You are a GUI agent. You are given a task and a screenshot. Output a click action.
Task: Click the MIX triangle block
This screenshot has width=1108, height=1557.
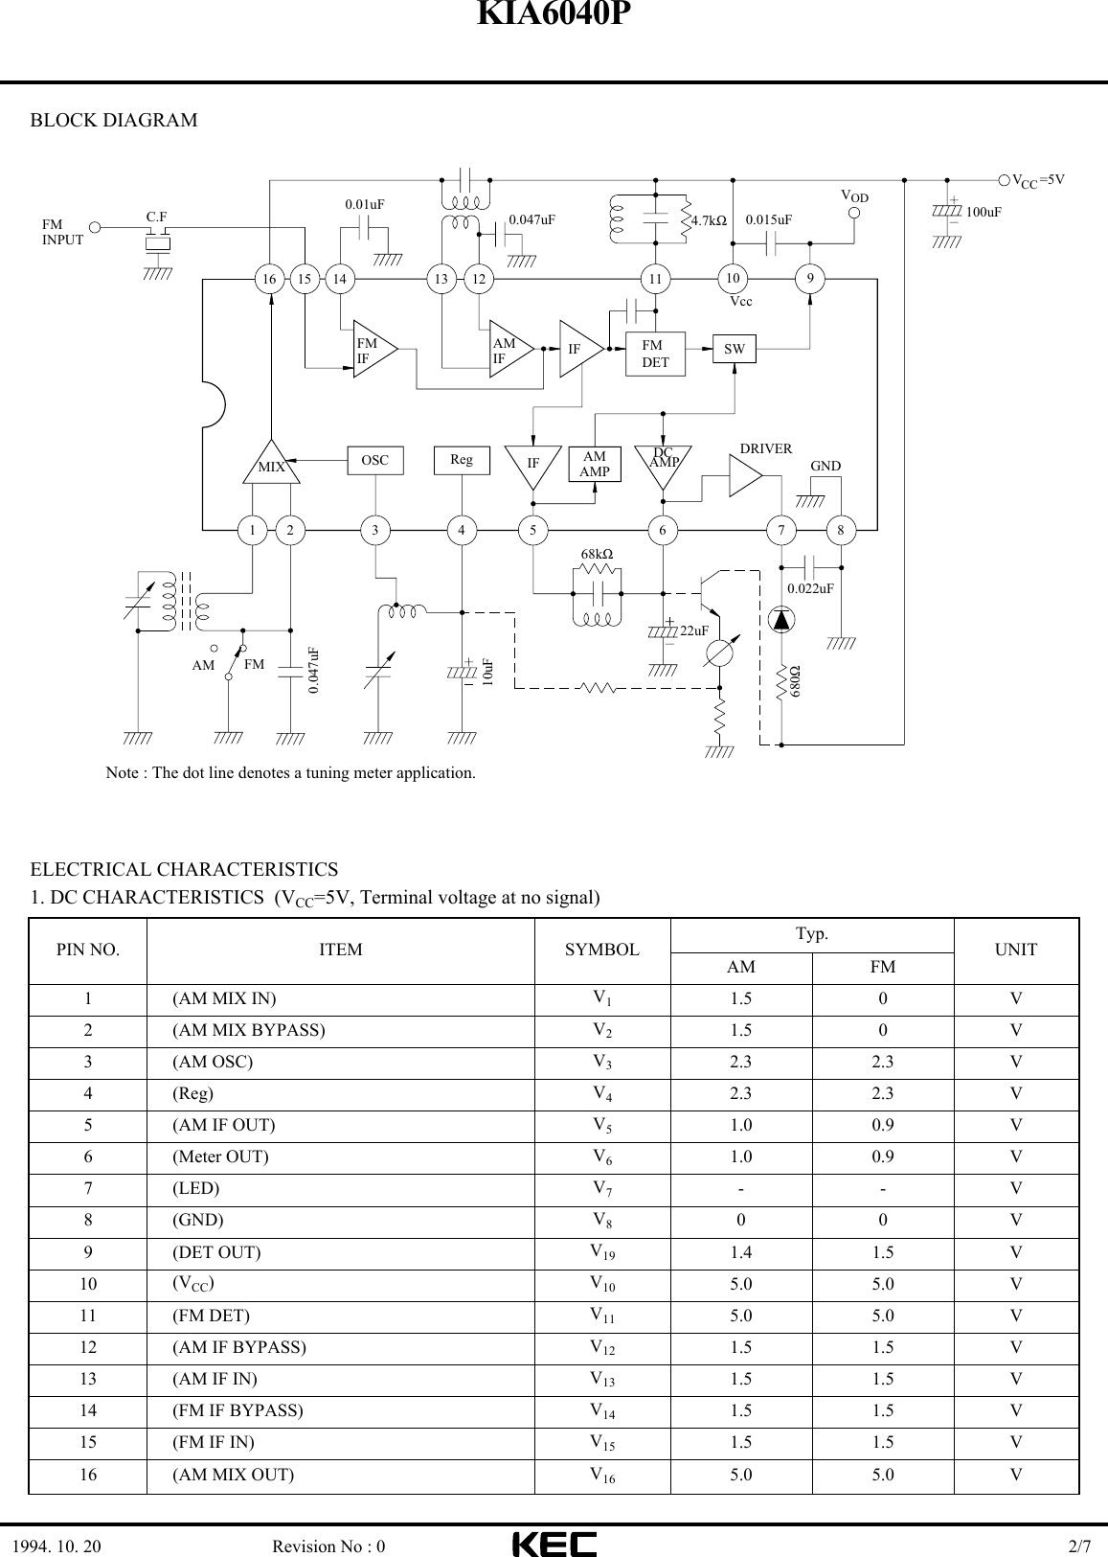coord(272,466)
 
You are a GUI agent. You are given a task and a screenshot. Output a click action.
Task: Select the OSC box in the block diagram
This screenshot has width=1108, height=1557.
coord(375,461)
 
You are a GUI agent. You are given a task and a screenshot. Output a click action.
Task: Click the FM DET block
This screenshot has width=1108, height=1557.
coord(656,354)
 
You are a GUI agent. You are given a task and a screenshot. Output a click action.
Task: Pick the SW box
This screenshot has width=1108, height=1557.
coord(735,350)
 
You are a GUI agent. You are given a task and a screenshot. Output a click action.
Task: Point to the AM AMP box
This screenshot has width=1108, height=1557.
coord(595,464)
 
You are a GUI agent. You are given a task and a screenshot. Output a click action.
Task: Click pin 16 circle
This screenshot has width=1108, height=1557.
coord(271,279)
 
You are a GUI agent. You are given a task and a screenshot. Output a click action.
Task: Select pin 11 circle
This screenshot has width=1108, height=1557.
coord(656,279)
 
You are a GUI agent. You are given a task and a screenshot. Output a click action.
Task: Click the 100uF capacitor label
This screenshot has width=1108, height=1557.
coord(984,212)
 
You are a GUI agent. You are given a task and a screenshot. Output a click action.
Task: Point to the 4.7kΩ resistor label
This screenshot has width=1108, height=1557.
coord(709,220)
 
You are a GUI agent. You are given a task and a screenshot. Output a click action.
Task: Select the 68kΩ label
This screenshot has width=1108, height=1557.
coord(598,555)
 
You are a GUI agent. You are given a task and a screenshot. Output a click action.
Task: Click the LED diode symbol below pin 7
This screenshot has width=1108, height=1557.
coord(781,620)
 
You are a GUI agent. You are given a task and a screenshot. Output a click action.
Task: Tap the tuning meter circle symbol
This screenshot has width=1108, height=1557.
coord(719,654)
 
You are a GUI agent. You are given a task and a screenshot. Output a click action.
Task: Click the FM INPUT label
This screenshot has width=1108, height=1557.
coord(62,233)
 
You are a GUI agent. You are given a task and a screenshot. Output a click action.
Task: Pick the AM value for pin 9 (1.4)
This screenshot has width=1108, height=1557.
coord(740,1252)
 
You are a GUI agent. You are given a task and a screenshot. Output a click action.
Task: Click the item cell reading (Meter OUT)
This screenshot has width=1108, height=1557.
coord(220,1157)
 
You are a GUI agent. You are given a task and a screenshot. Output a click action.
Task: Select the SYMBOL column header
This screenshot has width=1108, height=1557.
coord(601,950)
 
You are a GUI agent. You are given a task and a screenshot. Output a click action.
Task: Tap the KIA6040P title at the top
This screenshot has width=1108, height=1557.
coord(554,15)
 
